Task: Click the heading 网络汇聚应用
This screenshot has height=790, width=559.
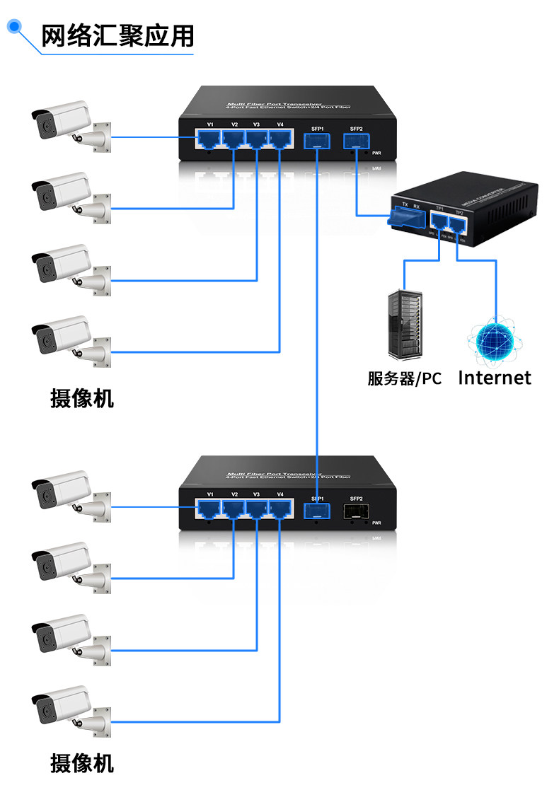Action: pos(117,35)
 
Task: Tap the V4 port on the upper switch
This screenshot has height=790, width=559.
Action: pos(280,140)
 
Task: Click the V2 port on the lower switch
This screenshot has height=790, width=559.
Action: pos(234,509)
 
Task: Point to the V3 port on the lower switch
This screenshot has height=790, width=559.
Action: pos(257,509)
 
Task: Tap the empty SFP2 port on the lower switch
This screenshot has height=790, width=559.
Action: pos(355,511)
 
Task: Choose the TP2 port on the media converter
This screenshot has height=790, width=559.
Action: pos(459,226)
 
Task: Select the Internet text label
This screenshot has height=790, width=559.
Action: pos(495,378)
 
